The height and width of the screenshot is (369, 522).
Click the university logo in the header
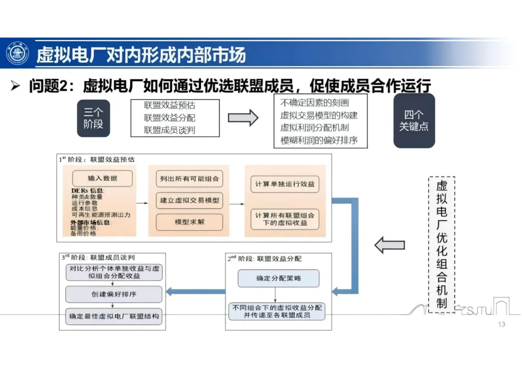(x=17, y=54)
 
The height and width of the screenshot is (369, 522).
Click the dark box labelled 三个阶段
(x=93, y=118)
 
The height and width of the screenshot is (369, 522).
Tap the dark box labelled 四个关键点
(x=414, y=121)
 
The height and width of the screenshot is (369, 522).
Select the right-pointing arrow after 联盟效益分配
(x=243, y=118)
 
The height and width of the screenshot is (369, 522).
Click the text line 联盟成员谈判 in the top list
(x=170, y=130)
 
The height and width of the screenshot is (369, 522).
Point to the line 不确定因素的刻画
(x=314, y=102)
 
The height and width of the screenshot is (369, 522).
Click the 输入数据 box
(x=102, y=178)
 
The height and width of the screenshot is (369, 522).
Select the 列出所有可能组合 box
(x=189, y=179)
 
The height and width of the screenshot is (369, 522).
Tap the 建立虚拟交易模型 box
(x=189, y=200)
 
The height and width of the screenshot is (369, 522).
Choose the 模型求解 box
(x=189, y=222)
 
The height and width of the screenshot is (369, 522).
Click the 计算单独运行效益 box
(x=285, y=184)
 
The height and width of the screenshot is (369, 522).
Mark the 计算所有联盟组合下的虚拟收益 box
(x=285, y=219)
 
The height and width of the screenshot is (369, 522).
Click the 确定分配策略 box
(x=278, y=278)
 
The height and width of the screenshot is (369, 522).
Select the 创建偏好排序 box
(x=114, y=294)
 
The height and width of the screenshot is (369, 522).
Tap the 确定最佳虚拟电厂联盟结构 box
(x=114, y=317)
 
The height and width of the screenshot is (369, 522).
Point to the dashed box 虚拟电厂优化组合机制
(x=441, y=244)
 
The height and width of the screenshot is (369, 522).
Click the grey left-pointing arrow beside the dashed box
(x=390, y=245)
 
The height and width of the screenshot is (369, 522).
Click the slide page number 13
(x=501, y=324)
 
